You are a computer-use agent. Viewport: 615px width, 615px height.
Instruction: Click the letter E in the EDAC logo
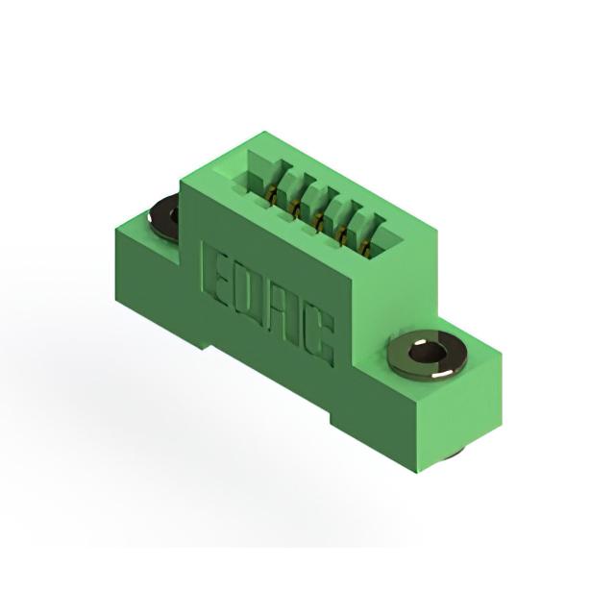tap(216, 276)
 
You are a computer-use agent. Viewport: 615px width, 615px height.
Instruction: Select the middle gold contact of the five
tap(319, 223)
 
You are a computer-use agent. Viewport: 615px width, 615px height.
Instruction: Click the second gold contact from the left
tap(294, 207)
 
